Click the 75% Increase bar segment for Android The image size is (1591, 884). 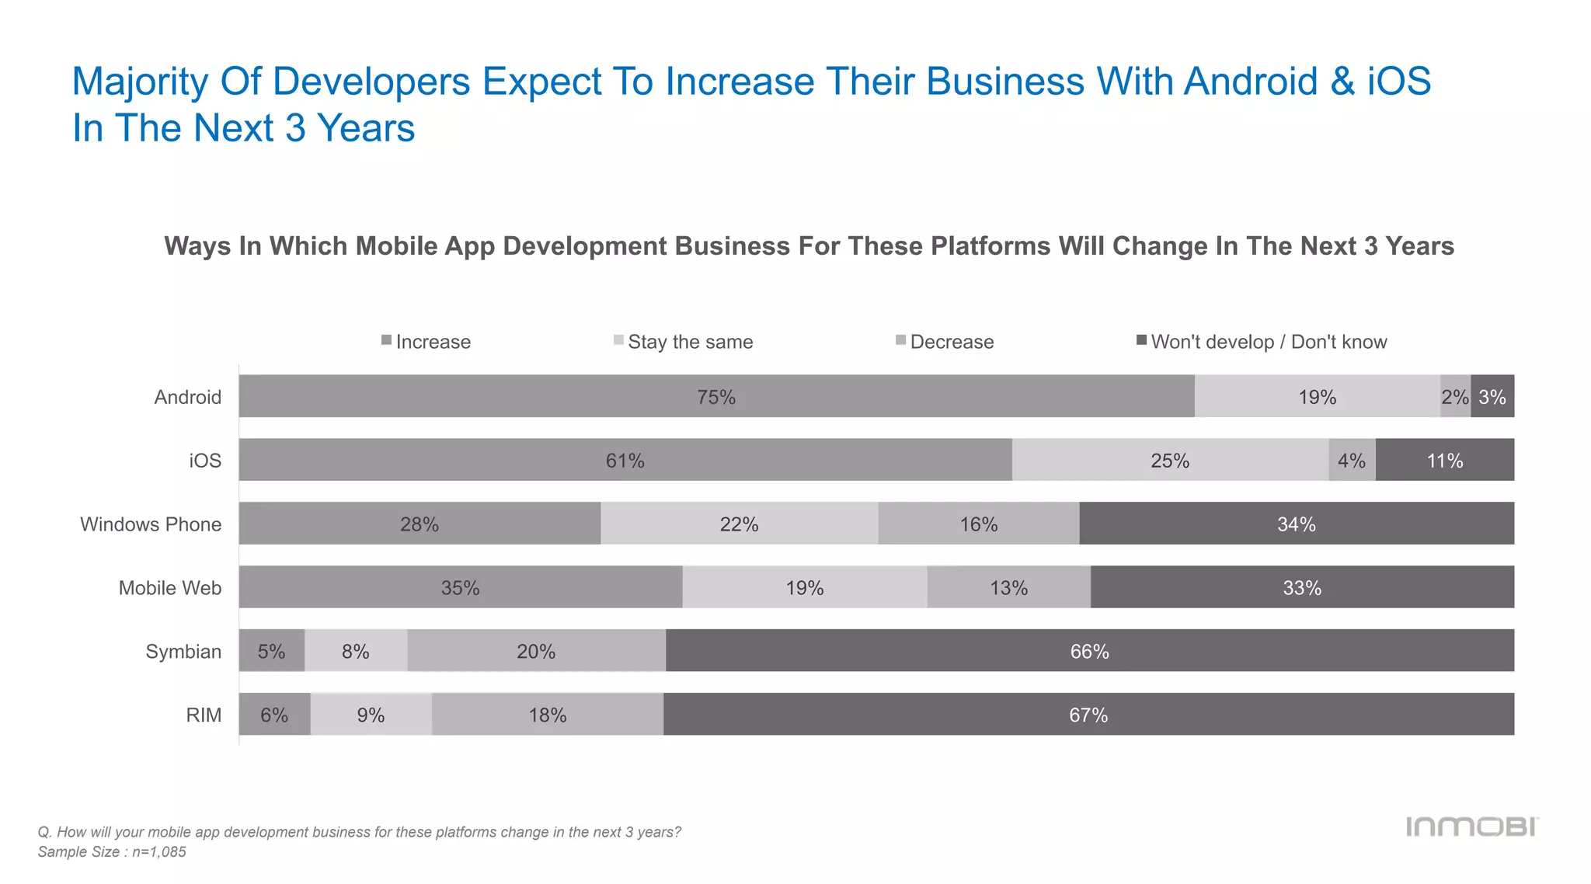point(715,396)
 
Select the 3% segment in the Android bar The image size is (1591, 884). point(1492,396)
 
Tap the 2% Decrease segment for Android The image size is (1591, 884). point(1455,396)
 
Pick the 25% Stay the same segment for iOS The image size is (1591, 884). point(1170,460)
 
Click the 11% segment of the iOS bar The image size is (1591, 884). point(1445,460)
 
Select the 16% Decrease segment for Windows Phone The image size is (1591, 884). point(979,524)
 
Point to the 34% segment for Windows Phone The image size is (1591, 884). point(1297,524)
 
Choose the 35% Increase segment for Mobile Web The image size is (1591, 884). point(460,587)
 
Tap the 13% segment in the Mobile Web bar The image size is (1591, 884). point(1008,587)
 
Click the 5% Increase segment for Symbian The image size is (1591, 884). point(271,651)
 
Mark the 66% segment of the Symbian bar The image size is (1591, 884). point(1089,651)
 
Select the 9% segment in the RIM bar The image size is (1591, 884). point(371,715)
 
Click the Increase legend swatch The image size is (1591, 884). point(386,340)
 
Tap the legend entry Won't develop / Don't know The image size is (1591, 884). point(1268,342)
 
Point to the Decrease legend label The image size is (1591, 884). point(952,342)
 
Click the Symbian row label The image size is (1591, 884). point(183,651)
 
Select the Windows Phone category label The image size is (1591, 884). point(151,524)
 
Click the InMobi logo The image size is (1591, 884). point(1471,827)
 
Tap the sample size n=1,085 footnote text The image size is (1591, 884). point(112,851)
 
